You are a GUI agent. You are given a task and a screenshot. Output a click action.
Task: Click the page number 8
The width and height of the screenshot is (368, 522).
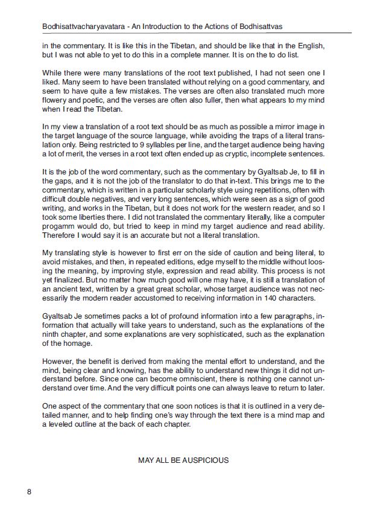(28, 492)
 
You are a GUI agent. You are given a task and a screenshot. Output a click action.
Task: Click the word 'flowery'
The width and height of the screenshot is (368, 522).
(56, 100)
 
